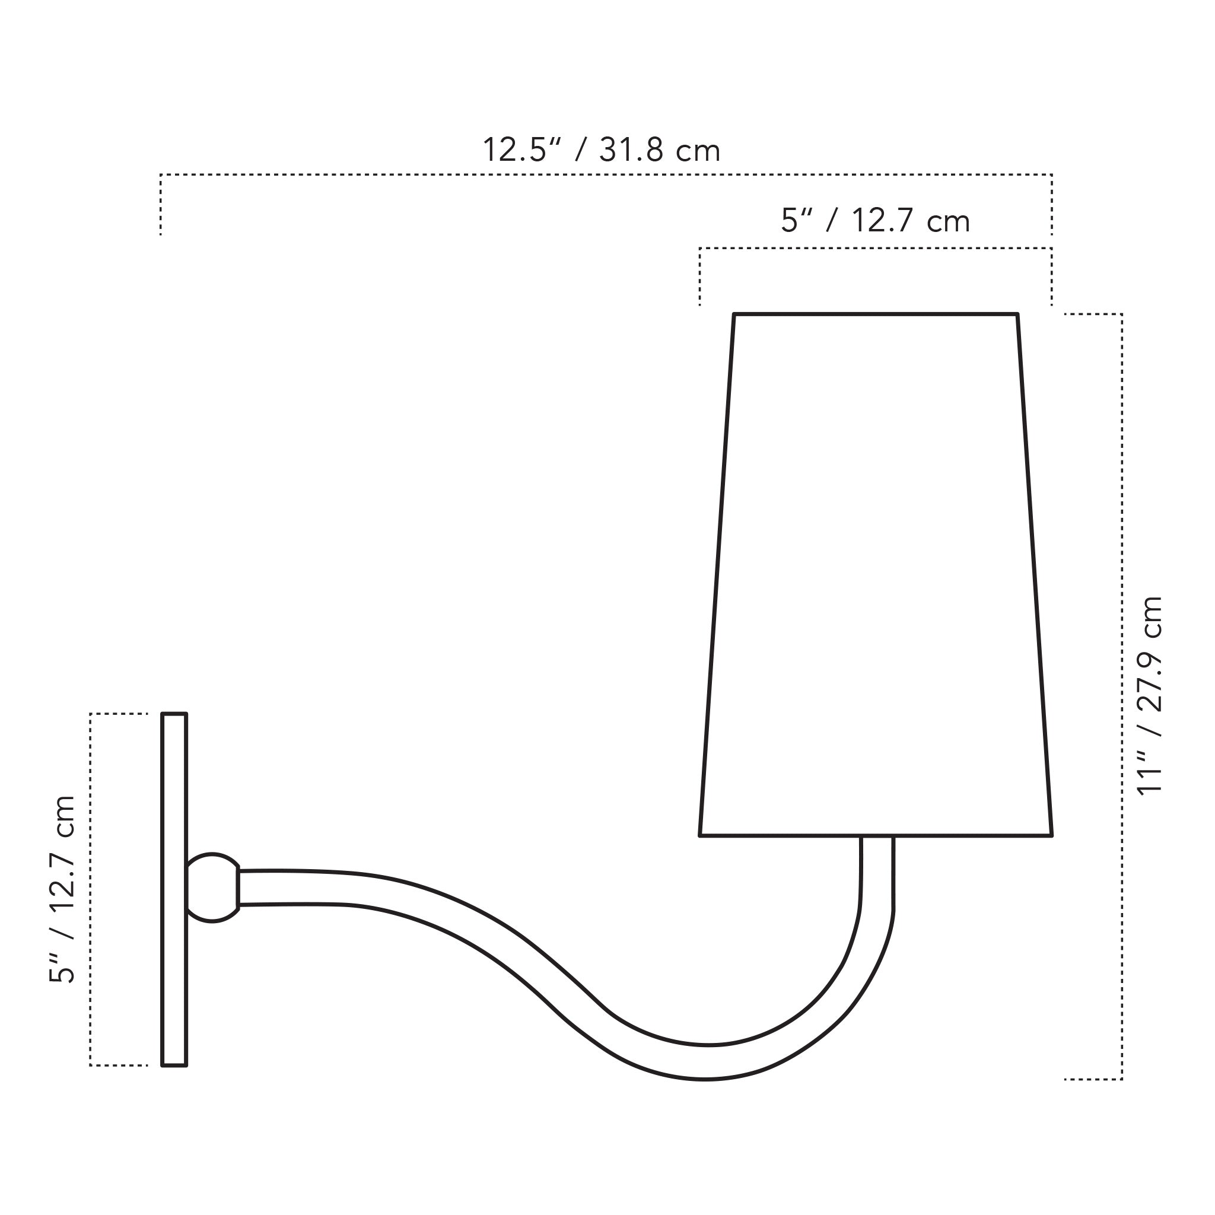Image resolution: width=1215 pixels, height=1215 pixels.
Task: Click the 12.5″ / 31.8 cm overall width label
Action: pyautogui.click(x=601, y=150)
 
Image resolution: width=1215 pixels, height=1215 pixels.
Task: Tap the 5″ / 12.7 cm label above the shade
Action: pyautogui.click(x=876, y=221)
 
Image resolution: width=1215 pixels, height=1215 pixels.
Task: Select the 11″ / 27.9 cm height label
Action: pyautogui.click(x=1150, y=695)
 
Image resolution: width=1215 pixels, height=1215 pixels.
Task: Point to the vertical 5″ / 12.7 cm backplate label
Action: pyautogui.click(x=62, y=889)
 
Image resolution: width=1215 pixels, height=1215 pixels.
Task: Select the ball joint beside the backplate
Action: pyautogui.click(x=212, y=888)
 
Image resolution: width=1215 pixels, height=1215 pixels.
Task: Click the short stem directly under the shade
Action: pyautogui.click(x=877, y=871)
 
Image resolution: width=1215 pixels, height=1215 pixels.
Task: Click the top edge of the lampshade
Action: pyautogui.click(x=876, y=314)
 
